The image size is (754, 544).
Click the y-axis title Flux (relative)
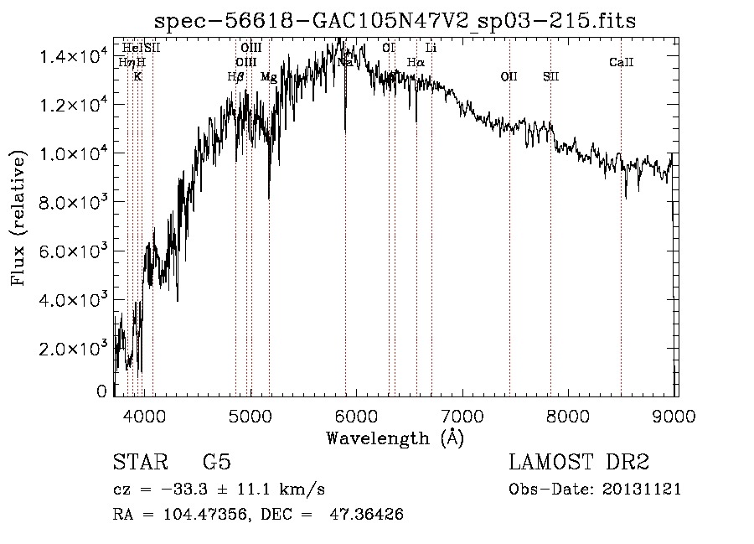tap(18, 218)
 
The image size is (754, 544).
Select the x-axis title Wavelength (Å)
tap(395, 438)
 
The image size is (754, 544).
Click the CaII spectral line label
tap(621, 62)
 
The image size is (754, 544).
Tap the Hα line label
tap(416, 62)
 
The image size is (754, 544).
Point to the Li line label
tap(431, 48)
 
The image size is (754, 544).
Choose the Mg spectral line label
tap(269, 76)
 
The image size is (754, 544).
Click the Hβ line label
tap(235, 76)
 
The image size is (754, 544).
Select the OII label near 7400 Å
tap(509, 76)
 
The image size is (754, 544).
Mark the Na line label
tap(345, 62)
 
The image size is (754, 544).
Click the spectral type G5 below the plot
tap(217, 462)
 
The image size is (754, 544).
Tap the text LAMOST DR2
tap(579, 462)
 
